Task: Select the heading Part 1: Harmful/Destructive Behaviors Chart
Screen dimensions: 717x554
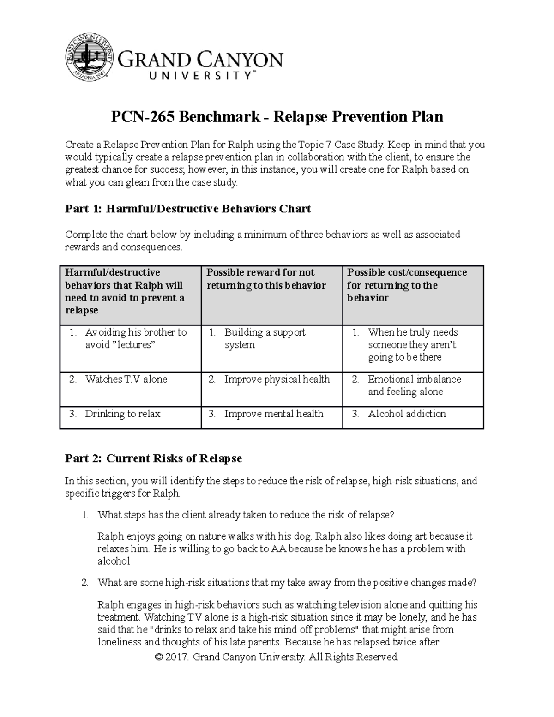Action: click(187, 209)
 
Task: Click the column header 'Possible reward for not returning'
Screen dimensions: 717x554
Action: click(266, 279)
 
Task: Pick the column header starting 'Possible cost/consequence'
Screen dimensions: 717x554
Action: click(406, 285)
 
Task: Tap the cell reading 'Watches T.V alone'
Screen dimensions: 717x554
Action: click(126, 379)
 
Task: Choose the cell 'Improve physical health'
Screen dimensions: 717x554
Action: click(277, 379)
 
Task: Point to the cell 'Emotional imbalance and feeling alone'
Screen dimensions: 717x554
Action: click(414, 385)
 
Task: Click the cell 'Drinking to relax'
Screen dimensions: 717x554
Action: click(122, 414)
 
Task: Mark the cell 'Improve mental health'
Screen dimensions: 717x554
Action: click(273, 414)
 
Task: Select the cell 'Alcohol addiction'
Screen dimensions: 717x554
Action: click(406, 414)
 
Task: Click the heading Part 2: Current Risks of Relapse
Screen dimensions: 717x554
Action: click(153, 458)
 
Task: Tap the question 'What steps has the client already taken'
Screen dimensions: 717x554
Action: click(246, 515)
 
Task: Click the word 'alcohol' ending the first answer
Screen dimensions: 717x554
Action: click(114, 561)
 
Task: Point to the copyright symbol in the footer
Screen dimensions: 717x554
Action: click(160, 657)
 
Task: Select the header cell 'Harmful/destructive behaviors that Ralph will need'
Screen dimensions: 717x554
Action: click(125, 291)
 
